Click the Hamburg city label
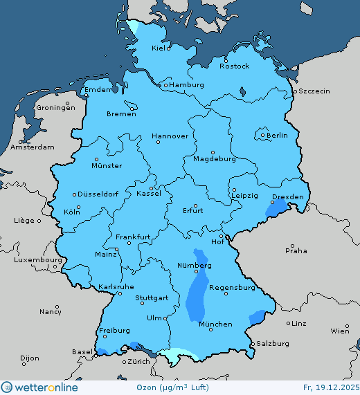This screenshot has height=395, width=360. pos(186,85)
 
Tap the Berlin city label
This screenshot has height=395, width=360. pos(277,136)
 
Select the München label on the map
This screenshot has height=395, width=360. pos(215,324)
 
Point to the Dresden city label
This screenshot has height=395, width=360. pos(287,197)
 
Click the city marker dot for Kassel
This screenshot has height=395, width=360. pos(162,187)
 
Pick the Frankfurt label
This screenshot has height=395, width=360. pos(134,237)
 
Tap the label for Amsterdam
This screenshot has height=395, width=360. pos(33,147)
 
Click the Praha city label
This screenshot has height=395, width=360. pos(296,250)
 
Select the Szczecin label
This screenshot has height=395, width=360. pos(314,91)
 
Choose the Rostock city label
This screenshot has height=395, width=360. pos(234,66)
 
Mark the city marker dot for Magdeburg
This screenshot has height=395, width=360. pos(213,152)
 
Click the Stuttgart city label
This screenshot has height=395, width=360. pos(152,299)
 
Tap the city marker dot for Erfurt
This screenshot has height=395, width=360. pos(195,205)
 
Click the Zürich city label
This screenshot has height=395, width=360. pos(139,362)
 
